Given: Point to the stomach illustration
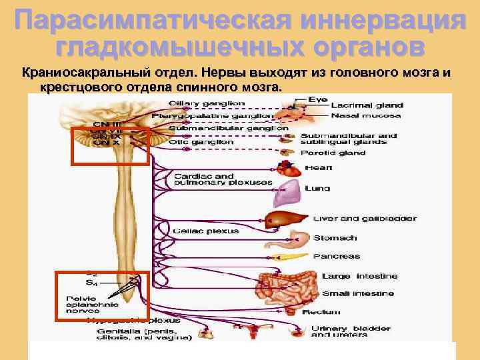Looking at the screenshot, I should point(299,239).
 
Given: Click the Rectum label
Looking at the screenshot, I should point(321,311).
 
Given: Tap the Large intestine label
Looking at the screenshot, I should point(359,276).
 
